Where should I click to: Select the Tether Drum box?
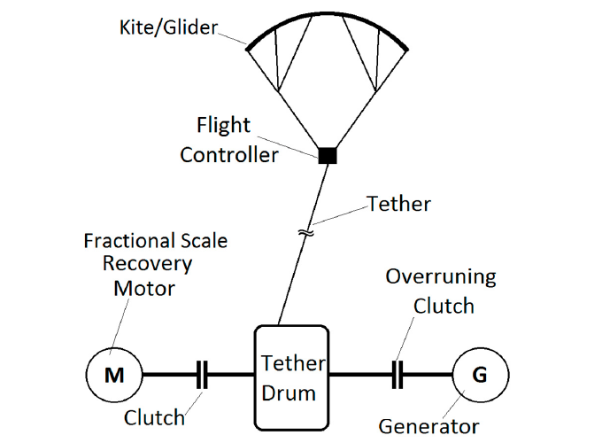click(x=291, y=377)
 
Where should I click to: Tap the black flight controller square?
click(x=328, y=156)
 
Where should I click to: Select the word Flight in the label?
click(x=224, y=125)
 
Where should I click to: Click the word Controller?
click(x=229, y=155)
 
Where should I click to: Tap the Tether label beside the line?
click(x=399, y=204)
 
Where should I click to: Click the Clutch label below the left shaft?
click(x=155, y=417)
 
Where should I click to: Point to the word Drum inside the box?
click(x=291, y=392)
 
